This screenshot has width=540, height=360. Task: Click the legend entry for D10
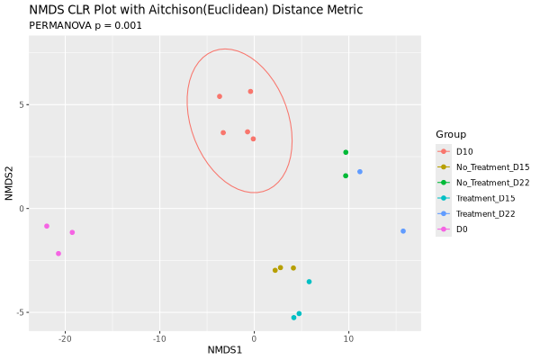tap(464, 151)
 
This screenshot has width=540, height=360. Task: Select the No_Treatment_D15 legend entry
tap(492, 166)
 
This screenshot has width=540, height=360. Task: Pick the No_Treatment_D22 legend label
tap(492, 183)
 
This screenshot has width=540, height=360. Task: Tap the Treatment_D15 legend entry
tap(485, 198)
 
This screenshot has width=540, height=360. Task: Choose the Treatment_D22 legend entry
tap(485, 213)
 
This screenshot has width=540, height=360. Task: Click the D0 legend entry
tap(462, 229)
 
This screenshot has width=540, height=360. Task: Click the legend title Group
tap(451, 134)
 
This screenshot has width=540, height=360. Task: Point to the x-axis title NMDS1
tap(225, 349)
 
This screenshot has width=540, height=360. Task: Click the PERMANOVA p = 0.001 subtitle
tap(85, 26)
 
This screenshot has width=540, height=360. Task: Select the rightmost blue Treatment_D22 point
tap(403, 231)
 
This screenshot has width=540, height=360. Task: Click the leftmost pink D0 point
tap(47, 226)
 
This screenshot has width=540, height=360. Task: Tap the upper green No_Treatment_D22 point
tap(346, 152)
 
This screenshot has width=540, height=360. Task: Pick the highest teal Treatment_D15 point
tap(309, 282)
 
